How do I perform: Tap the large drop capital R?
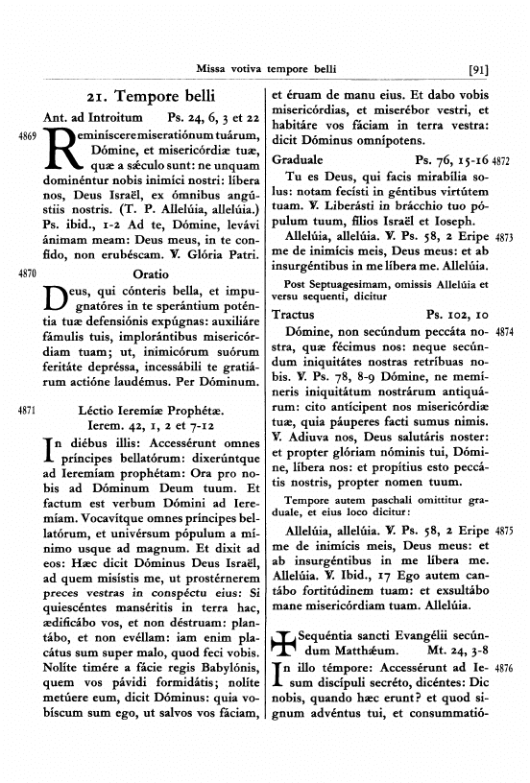pyautogui.click(x=61, y=154)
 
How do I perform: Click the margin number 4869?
pyautogui.click(x=27, y=138)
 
